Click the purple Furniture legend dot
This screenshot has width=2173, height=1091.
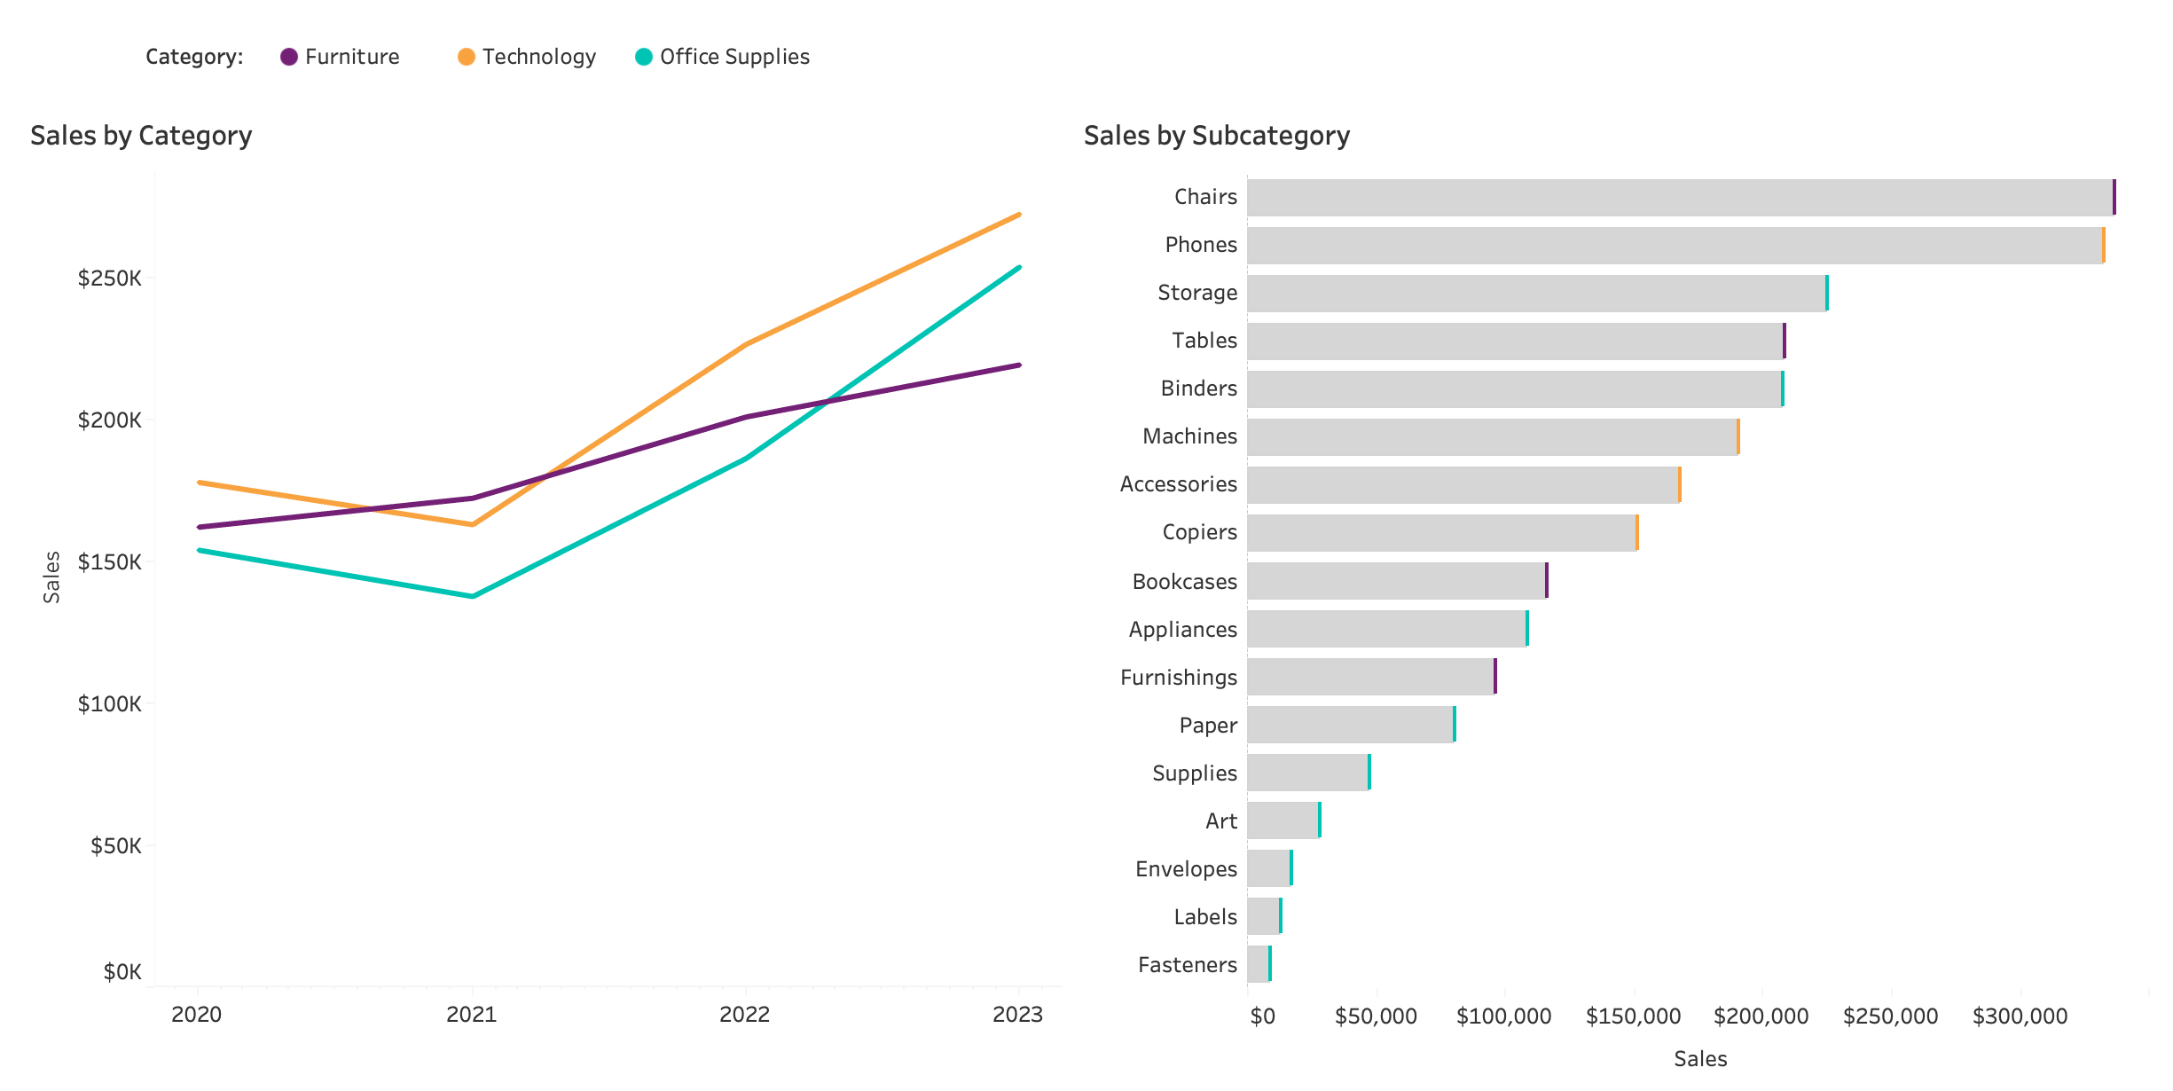[289, 57]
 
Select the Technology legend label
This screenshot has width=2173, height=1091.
[538, 57]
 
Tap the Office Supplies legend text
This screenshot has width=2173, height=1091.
[734, 57]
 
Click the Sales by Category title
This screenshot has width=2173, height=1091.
[141, 136]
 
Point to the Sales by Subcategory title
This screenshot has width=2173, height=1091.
[1216, 136]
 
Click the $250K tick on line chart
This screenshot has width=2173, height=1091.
[109, 279]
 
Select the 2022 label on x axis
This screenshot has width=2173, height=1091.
[744, 1015]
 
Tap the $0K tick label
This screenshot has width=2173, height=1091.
[122, 972]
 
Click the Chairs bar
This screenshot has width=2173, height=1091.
[1679, 197]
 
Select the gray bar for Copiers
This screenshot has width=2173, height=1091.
[1441, 532]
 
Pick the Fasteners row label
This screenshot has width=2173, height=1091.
[1187, 965]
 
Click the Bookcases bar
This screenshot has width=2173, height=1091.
[1396, 581]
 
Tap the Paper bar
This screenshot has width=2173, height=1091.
[1350, 725]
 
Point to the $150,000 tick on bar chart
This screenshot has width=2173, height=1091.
[1633, 1016]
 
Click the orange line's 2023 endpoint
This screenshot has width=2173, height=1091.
[1019, 215]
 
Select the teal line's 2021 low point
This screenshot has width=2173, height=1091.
[473, 596]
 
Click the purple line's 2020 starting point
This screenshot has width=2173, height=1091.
[200, 527]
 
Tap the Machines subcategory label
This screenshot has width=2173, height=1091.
[1189, 436]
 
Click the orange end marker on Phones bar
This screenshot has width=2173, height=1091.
[2103, 245]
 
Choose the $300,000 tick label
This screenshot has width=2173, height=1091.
[2020, 1016]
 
